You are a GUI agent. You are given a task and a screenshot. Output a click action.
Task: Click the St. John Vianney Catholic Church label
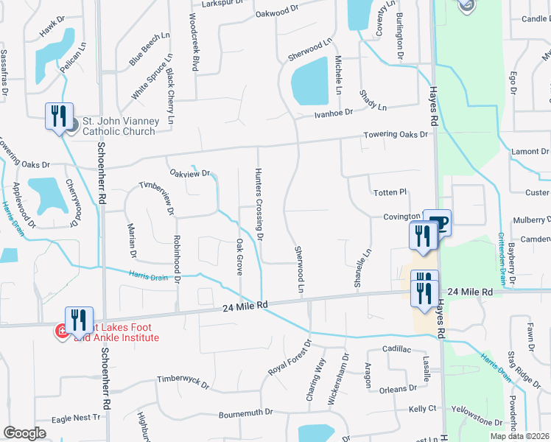click(x=119, y=126)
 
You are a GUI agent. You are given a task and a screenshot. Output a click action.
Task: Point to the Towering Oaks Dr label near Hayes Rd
click(x=396, y=135)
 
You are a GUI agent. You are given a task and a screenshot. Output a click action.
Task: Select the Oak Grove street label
click(x=239, y=256)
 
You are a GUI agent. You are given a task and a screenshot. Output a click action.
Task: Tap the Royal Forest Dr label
click(x=289, y=357)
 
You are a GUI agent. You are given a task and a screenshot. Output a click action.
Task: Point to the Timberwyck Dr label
click(x=183, y=382)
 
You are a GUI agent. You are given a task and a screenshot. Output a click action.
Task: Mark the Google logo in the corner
click(x=24, y=433)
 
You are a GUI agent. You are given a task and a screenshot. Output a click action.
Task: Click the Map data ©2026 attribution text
click(x=519, y=436)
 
